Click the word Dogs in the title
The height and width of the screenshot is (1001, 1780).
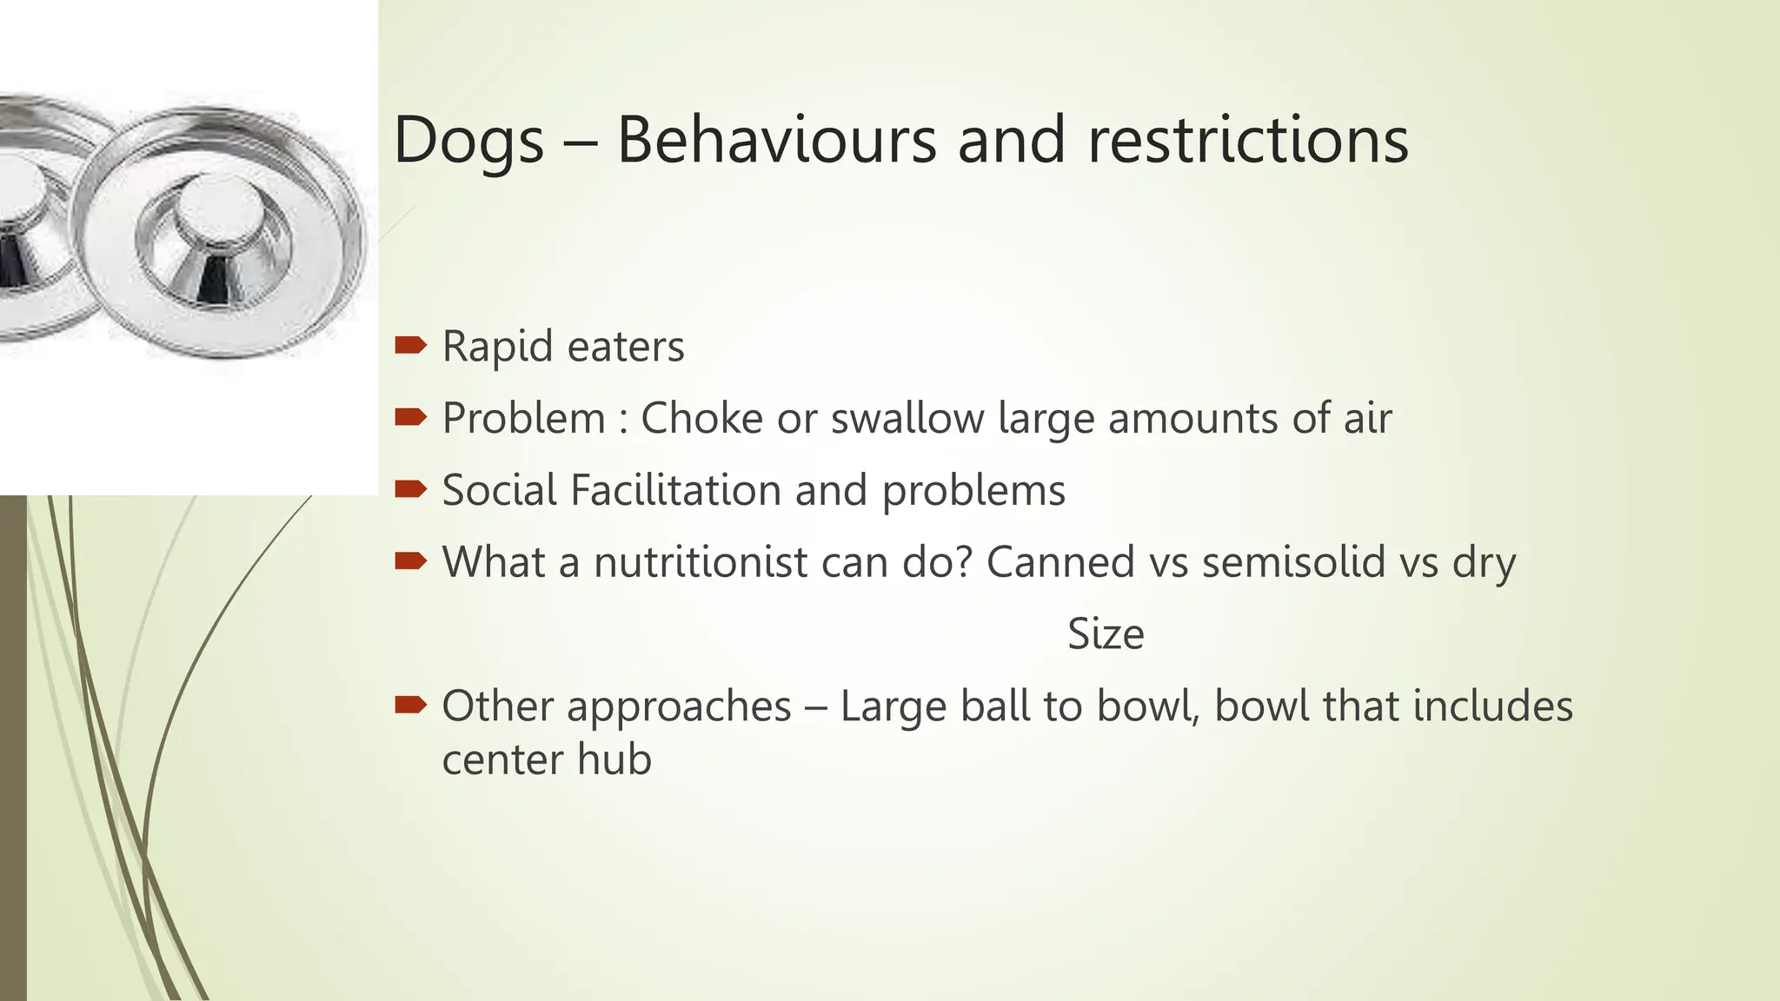pos(468,142)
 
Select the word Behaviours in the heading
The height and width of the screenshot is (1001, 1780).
pos(776,140)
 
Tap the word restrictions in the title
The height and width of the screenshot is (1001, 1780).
pos(1247,140)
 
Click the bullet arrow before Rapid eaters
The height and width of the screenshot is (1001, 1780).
pos(410,346)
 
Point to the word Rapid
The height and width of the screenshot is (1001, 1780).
pos(497,347)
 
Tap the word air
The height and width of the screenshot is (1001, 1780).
pos(1367,418)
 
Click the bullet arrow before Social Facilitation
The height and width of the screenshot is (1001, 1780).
pos(410,490)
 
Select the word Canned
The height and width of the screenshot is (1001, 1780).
pos(1059,562)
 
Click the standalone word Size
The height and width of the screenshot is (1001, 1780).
pos(1105,634)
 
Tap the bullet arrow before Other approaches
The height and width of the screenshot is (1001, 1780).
pos(410,706)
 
